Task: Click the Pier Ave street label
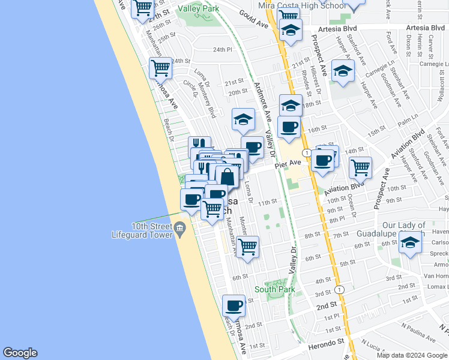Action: tap(288, 163)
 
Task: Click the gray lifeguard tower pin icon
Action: tap(179, 229)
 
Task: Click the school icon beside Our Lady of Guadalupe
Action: tap(411, 244)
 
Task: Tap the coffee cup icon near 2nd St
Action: tap(234, 306)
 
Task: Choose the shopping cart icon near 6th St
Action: tap(247, 246)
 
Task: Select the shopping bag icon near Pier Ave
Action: tap(228, 177)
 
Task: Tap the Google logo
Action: tap(20, 353)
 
